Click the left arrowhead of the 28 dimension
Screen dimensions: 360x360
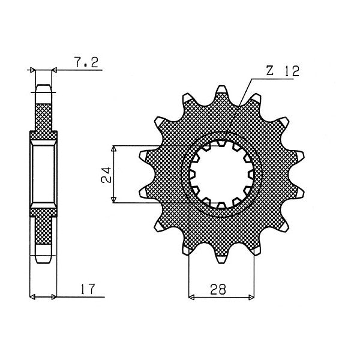(192, 296)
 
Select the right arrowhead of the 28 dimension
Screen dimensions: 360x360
(250, 296)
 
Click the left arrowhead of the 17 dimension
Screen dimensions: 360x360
(32, 296)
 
